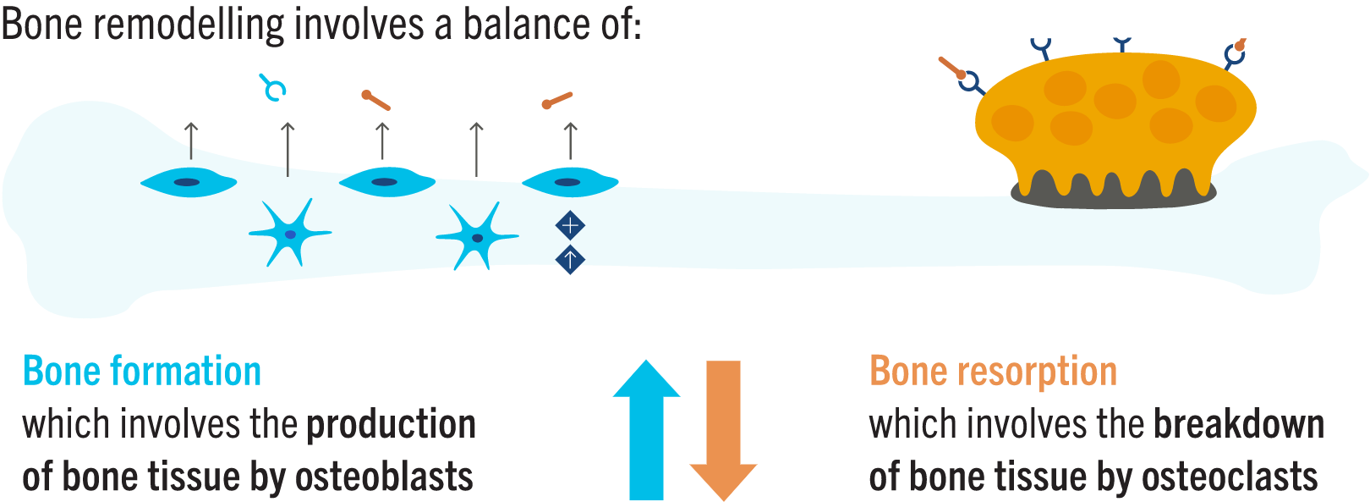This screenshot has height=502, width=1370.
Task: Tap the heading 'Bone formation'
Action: pyautogui.click(x=142, y=372)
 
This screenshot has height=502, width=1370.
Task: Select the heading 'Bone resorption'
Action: pyautogui.click(x=993, y=372)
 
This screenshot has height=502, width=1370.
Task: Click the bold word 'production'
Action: pyautogui.click(x=392, y=424)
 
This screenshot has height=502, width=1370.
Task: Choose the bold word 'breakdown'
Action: pyautogui.click(x=1239, y=424)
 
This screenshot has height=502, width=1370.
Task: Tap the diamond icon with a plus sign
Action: pyautogui.click(x=570, y=226)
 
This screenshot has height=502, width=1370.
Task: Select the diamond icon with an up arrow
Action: pyautogui.click(x=570, y=259)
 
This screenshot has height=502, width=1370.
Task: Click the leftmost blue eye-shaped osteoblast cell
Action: pyautogui.click(x=188, y=182)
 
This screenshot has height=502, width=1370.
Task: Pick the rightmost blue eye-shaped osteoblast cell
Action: pyautogui.click(x=568, y=182)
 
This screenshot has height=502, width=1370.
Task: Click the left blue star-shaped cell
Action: pyautogui.click(x=289, y=233)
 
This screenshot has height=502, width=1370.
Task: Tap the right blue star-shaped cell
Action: pyautogui.click(x=476, y=237)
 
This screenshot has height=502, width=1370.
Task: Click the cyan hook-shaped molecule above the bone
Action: pyautogui.click(x=273, y=87)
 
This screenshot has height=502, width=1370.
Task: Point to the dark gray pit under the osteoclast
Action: pyautogui.click(x=1113, y=199)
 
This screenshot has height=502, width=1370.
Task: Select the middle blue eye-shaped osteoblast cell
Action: pyautogui.click(x=386, y=182)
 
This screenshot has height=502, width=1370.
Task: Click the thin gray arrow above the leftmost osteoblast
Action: pyautogui.click(x=191, y=141)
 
